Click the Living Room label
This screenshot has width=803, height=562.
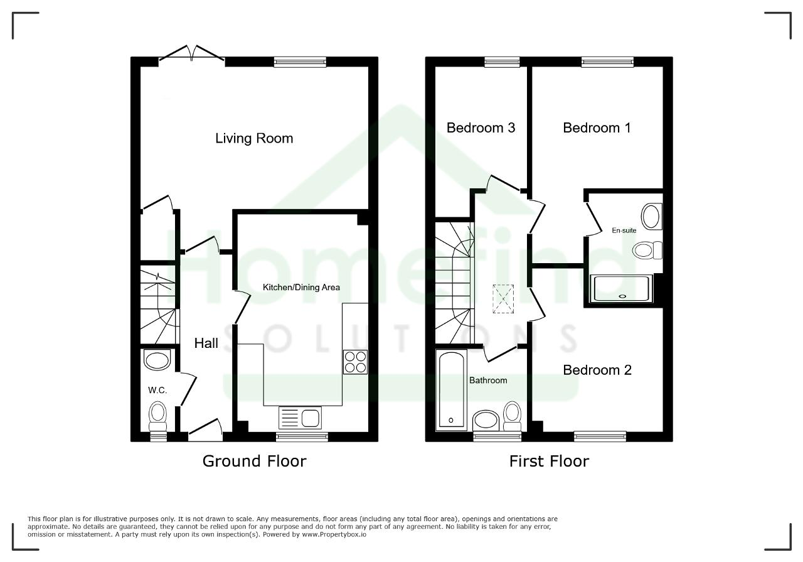click(254, 139)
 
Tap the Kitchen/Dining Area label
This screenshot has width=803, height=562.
click(301, 287)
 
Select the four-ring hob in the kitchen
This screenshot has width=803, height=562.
click(355, 362)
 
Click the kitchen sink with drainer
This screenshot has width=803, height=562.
click(300, 418)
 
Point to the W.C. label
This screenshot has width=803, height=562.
click(157, 390)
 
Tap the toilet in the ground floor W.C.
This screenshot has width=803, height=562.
click(157, 416)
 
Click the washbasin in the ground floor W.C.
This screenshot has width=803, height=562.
click(157, 360)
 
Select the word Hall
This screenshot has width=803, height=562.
click(206, 343)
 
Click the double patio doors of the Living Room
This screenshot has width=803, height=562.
click(192, 54)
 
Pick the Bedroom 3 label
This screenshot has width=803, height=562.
click(481, 127)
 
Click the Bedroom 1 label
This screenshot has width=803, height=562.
click(597, 127)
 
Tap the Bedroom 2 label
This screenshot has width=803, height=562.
click(597, 370)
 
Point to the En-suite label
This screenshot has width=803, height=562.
click(624, 230)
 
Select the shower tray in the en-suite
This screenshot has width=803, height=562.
click(621, 288)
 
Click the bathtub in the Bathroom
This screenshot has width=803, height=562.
click(451, 390)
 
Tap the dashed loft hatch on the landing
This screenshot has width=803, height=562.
click(503, 299)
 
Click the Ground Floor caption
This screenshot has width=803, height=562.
click(255, 461)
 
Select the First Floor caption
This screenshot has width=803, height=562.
click(549, 461)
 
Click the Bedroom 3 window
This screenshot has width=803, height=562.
click(502, 62)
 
